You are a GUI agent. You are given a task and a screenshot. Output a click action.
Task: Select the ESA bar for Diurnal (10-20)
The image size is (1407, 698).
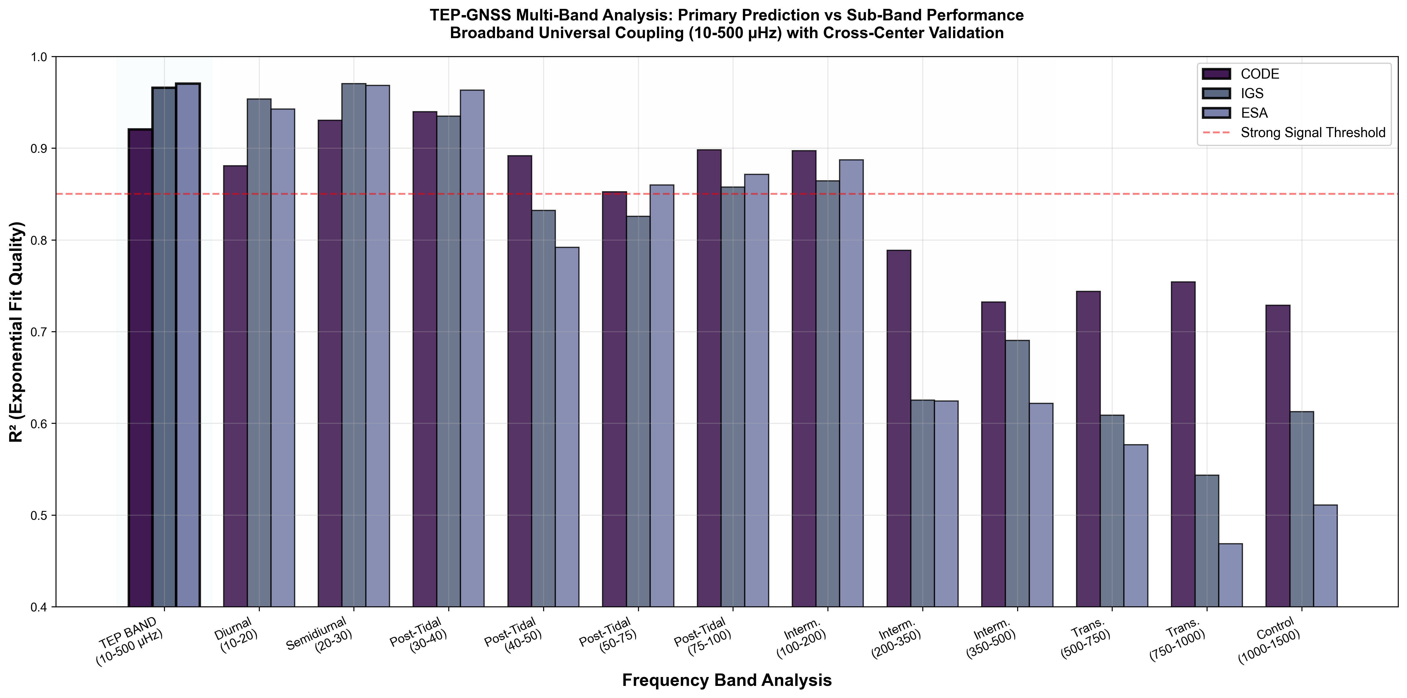[283, 358]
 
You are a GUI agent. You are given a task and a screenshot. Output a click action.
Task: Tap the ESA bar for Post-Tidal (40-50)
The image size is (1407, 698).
[567, 426]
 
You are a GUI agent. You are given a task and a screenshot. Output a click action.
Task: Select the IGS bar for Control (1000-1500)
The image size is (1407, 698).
[1301, 509]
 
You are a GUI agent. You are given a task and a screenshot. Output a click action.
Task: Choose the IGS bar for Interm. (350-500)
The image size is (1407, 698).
[1017, 473]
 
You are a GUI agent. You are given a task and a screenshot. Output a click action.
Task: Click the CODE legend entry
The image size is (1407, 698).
[1260, 74]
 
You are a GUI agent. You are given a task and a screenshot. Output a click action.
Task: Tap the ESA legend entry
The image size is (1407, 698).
[1254, 113]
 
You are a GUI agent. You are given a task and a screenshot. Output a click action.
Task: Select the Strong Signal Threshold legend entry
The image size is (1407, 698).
[1312, 133]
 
